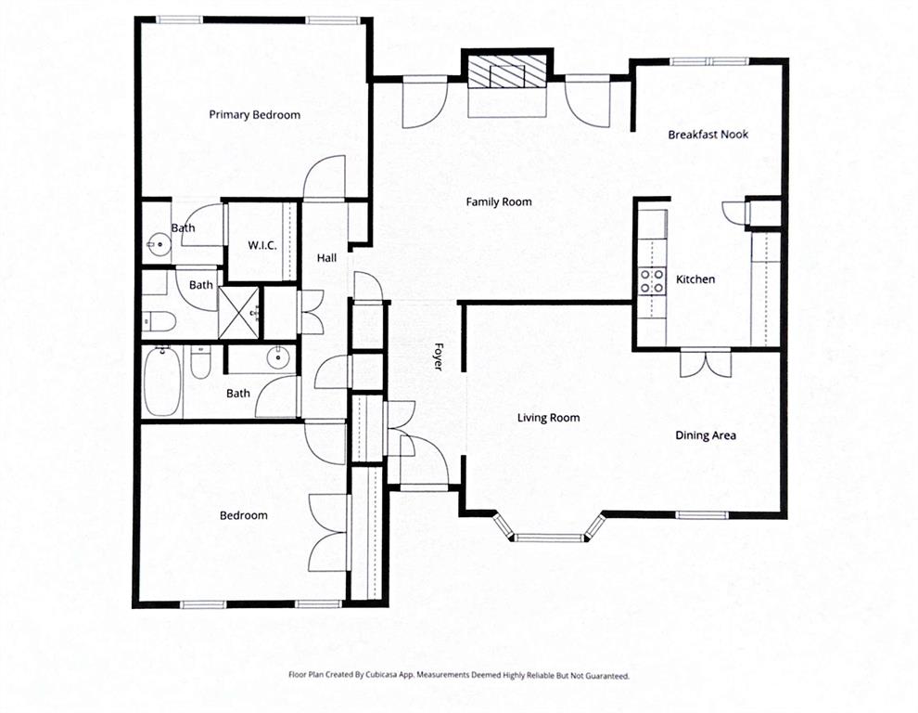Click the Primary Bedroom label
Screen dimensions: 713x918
coord(254,115)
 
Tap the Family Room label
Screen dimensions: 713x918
coord(499,201)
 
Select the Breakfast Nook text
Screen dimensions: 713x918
coord(708,135)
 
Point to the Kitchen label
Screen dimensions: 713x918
coord(695,279)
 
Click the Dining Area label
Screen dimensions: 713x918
coord(705,435)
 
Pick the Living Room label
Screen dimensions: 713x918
coord(548,418)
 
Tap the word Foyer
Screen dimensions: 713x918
coord(438,357)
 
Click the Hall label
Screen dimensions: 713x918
coord(327,258)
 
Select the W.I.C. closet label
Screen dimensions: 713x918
coord(262,245)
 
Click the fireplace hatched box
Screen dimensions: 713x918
coord(506,71)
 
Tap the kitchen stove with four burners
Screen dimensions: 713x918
coord(653,280)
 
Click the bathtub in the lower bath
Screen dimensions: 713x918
coord(163,382)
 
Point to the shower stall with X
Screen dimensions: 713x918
coord(239,312)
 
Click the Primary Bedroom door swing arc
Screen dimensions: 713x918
coord(325,177)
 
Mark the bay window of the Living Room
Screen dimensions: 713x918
coord(549,535)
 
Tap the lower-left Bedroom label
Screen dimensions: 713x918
coord(243,515)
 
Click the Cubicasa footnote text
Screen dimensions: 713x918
coord(459,676)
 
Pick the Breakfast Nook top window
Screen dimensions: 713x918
coord(709,62)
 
